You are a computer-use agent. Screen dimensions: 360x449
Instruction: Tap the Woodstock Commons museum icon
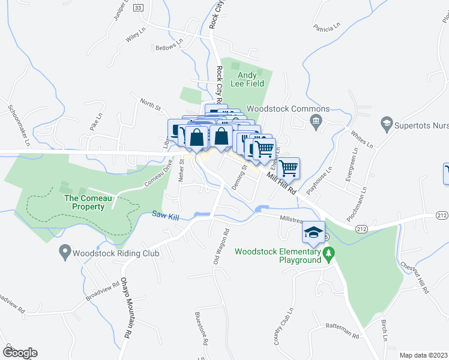315,122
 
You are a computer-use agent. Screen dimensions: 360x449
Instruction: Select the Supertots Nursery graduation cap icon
387,125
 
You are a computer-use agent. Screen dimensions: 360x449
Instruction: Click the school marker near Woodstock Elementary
313,232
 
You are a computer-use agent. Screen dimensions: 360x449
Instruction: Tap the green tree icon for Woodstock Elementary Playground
328,256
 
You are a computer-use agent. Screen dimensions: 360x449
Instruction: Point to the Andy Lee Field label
247,79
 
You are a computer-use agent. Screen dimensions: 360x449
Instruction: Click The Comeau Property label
85,203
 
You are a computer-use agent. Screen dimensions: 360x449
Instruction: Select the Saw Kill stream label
166,214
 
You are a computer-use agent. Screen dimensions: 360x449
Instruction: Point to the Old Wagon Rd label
220,247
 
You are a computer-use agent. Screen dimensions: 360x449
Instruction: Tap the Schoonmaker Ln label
17,126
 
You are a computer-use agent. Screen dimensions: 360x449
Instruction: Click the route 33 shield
139,7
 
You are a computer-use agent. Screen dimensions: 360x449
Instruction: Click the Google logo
20,353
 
